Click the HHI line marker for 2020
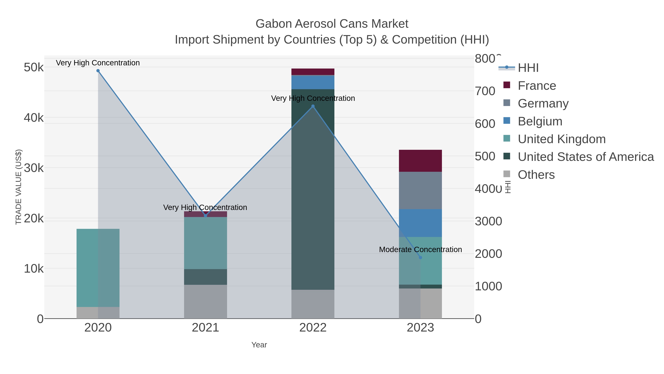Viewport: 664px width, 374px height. point(98,71)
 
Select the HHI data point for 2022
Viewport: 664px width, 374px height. point(313,106)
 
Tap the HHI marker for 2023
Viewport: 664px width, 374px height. point(420,258)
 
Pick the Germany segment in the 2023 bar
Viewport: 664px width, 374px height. point(420,190)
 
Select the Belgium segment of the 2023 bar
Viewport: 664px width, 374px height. point(420,223)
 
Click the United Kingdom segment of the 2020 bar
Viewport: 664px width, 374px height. point(98,268)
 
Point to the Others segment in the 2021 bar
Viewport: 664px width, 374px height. point(205,301)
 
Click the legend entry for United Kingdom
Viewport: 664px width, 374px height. point(561,139)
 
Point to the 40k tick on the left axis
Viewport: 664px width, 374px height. point(34,118)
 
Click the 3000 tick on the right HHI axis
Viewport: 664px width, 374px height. point(488,221)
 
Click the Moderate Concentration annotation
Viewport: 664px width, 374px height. point(420,250)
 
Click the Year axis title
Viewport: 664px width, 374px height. point(259,345)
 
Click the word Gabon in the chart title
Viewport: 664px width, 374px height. point(274,24)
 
